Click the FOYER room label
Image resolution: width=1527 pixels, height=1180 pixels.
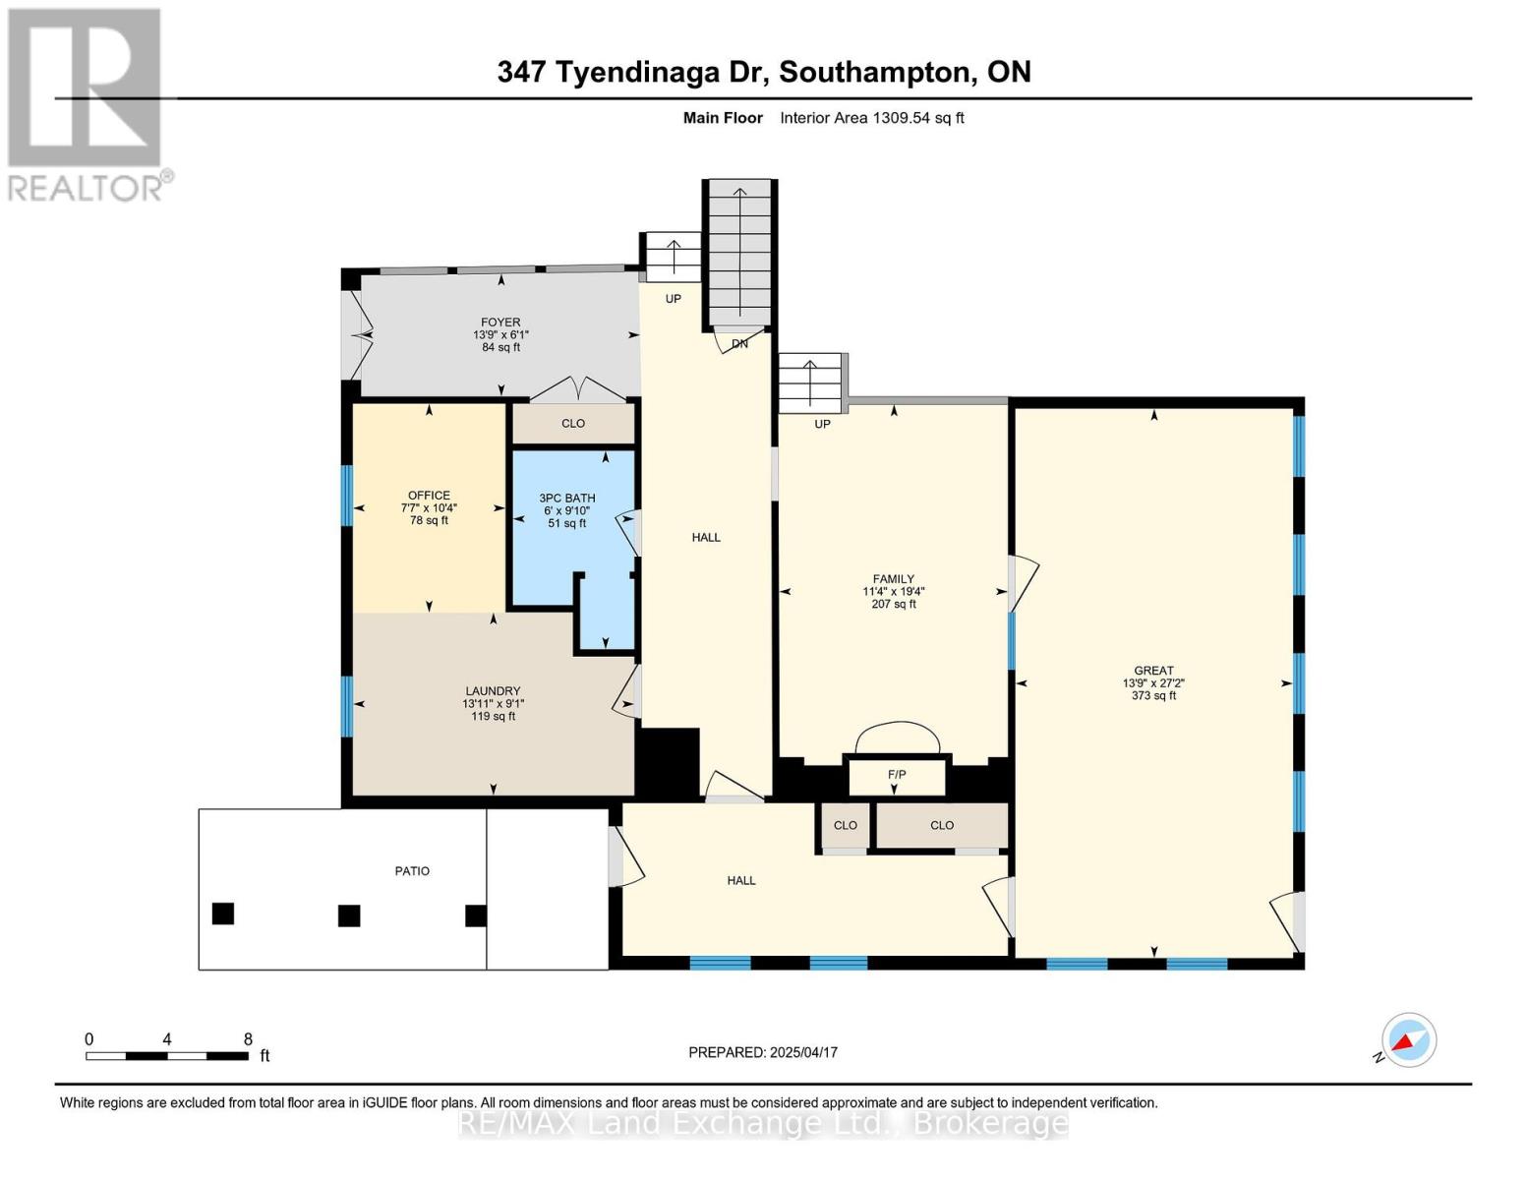coord(500,323)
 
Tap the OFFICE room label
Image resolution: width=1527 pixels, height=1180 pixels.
coord(429,496)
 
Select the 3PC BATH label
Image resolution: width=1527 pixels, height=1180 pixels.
coord(567,499)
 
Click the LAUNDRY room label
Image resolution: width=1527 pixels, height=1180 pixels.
coord(492,691)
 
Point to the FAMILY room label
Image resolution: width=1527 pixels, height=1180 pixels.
coord(893,579)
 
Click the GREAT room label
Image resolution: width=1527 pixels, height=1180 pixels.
coord(1153,671)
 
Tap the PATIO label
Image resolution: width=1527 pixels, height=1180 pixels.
coord(412,871)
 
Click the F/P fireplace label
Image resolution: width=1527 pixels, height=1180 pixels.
coord(897,775)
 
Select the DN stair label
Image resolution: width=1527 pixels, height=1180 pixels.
coord(739,344)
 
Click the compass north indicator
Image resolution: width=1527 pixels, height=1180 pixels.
coord(1408,1040)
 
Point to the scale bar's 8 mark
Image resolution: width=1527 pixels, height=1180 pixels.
coord(248,1039)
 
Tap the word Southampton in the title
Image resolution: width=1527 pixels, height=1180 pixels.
coord(880,72)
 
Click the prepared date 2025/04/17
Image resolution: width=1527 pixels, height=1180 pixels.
coord(803,1052)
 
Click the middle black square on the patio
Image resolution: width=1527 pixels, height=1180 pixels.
coord(349,915)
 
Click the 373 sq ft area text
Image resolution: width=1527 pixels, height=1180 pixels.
coord(1153,696)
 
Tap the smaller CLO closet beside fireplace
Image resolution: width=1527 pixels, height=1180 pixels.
coord(846,826)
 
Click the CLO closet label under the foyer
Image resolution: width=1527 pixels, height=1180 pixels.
coord(573,424)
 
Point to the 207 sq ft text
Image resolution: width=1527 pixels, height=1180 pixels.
coord(893,604)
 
